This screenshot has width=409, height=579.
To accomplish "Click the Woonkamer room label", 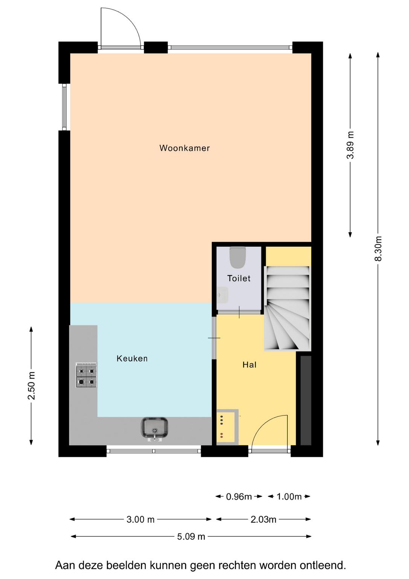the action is tap(185, 148).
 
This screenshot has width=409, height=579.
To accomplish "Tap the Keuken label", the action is tap(132, 358).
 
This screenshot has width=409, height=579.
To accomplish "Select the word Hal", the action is tap(249, 365).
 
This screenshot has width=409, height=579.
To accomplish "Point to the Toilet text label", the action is tap(239, 278).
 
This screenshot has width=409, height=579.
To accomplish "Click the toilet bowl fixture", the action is tap(237, 257).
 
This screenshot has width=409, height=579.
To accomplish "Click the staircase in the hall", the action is tap(287, 309).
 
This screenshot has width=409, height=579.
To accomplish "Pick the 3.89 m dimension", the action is tap(350, 145).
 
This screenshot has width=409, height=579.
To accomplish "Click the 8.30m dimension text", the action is tap(378, 248).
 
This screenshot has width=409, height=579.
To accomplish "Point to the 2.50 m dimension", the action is tap(31, 386).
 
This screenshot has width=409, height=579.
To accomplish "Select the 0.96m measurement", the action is tap(239, 496).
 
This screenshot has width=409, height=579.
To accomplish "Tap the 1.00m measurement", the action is tap(289, 496).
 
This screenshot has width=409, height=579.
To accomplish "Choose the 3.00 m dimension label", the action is tap(140, 519).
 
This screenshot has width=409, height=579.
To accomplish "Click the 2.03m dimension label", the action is tap(263, 519).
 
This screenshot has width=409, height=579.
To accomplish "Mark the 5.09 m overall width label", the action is tap(191, 537).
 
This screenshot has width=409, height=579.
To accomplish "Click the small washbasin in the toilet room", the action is tap(223, 295).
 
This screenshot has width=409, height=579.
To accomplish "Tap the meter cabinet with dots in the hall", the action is tap(227, 427).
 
